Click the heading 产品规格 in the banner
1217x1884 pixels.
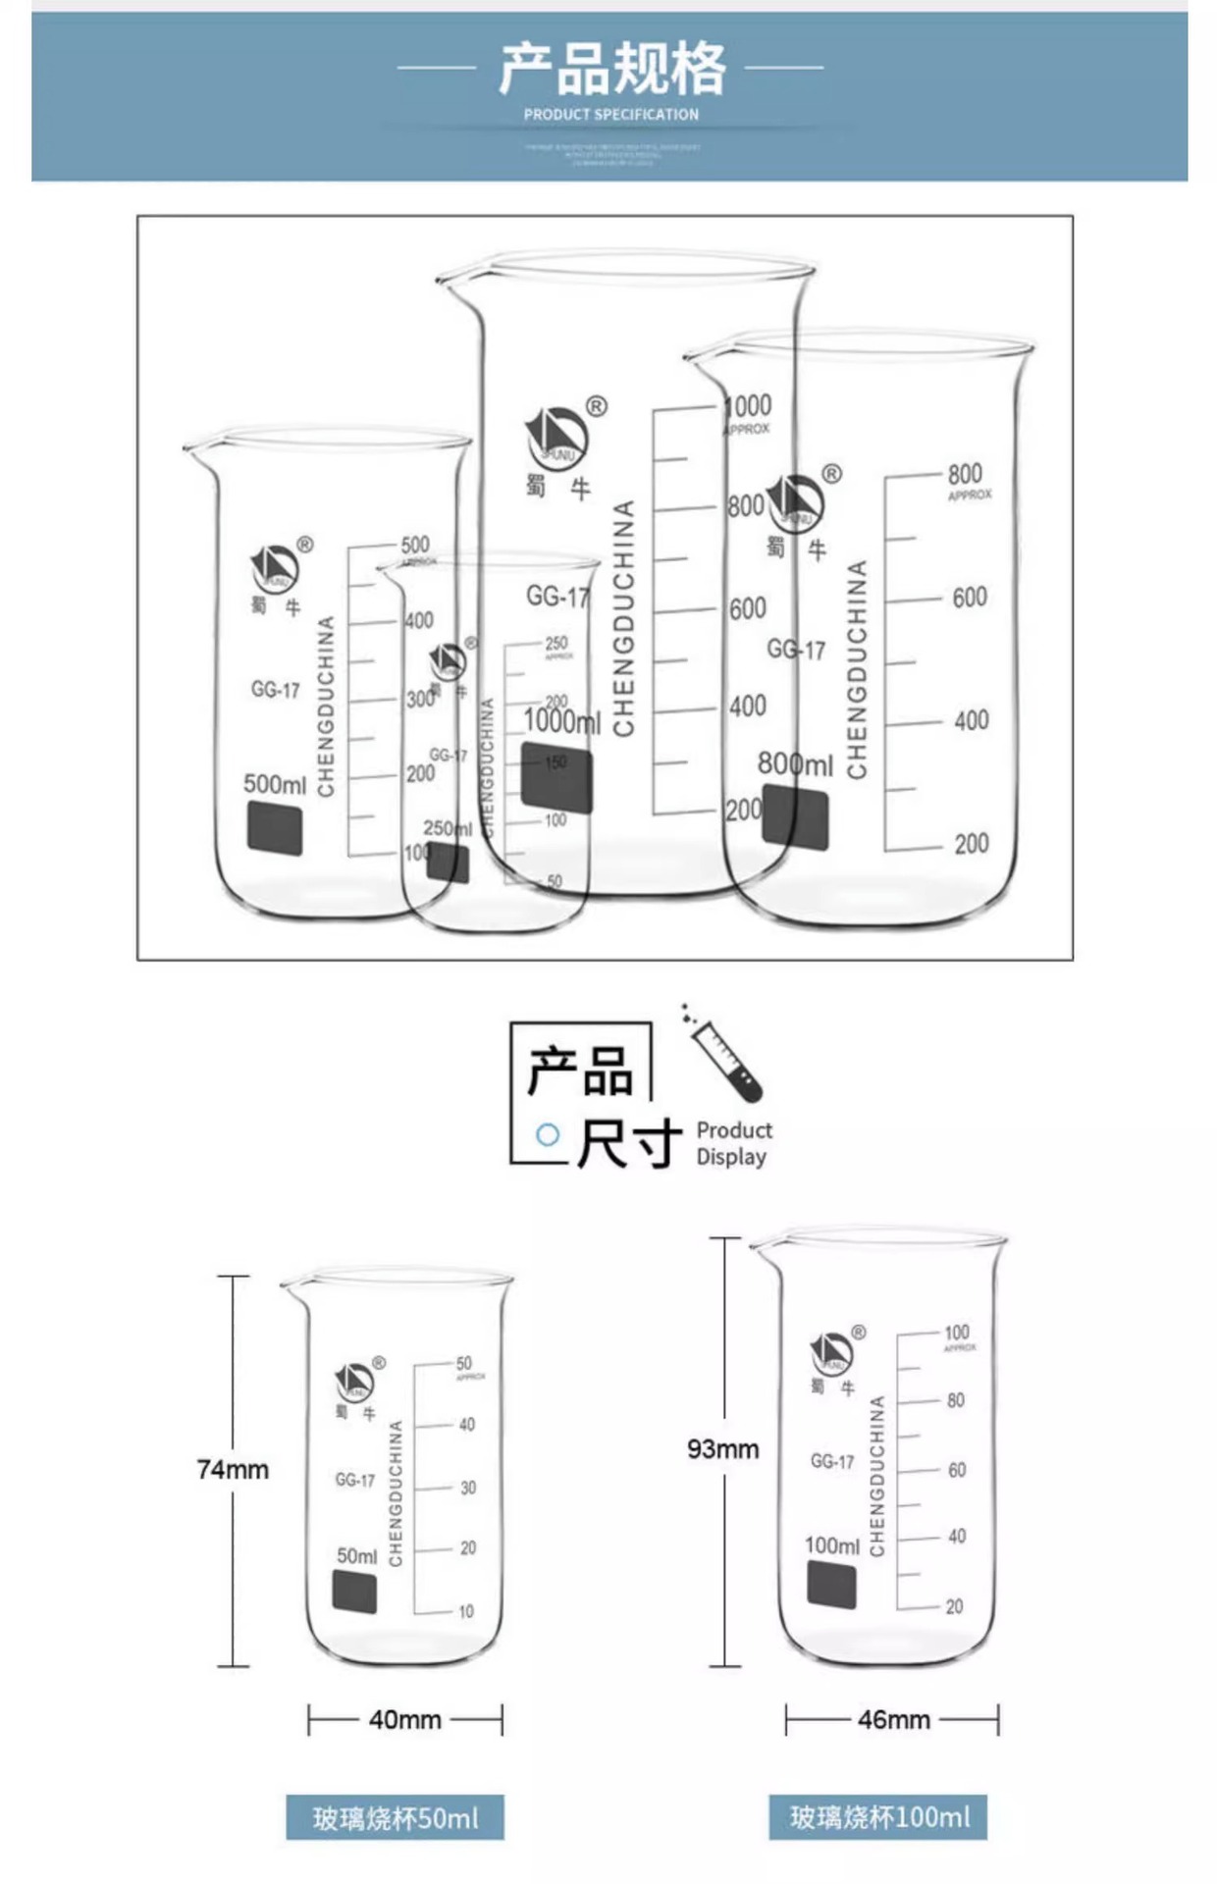pos(611,69)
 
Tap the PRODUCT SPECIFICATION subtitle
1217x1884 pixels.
pos(610,115)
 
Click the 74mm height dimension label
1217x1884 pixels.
pos(233,1470)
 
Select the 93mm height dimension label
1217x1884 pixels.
pos(723,1449)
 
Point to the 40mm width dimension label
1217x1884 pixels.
pos(404,1720)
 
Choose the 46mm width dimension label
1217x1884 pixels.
pos(893,1720)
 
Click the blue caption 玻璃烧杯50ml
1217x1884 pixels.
pos(396,1818)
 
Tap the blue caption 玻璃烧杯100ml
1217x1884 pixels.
pos(878,1817)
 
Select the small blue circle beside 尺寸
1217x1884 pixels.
pos(548,1135)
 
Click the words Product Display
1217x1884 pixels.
pos(733,1143)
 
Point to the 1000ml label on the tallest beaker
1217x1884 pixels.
pos(561,722)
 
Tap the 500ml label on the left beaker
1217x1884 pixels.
pos(275,785)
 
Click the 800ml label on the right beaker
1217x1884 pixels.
pos(795,764)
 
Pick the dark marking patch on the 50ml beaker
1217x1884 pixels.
pos(354,1591)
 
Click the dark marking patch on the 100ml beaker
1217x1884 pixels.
pos(831,1585)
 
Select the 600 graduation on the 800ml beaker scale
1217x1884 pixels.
pos(969,598)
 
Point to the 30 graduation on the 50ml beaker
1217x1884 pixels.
pos(468,1488)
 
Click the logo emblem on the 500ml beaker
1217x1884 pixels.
pos(275,567)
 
